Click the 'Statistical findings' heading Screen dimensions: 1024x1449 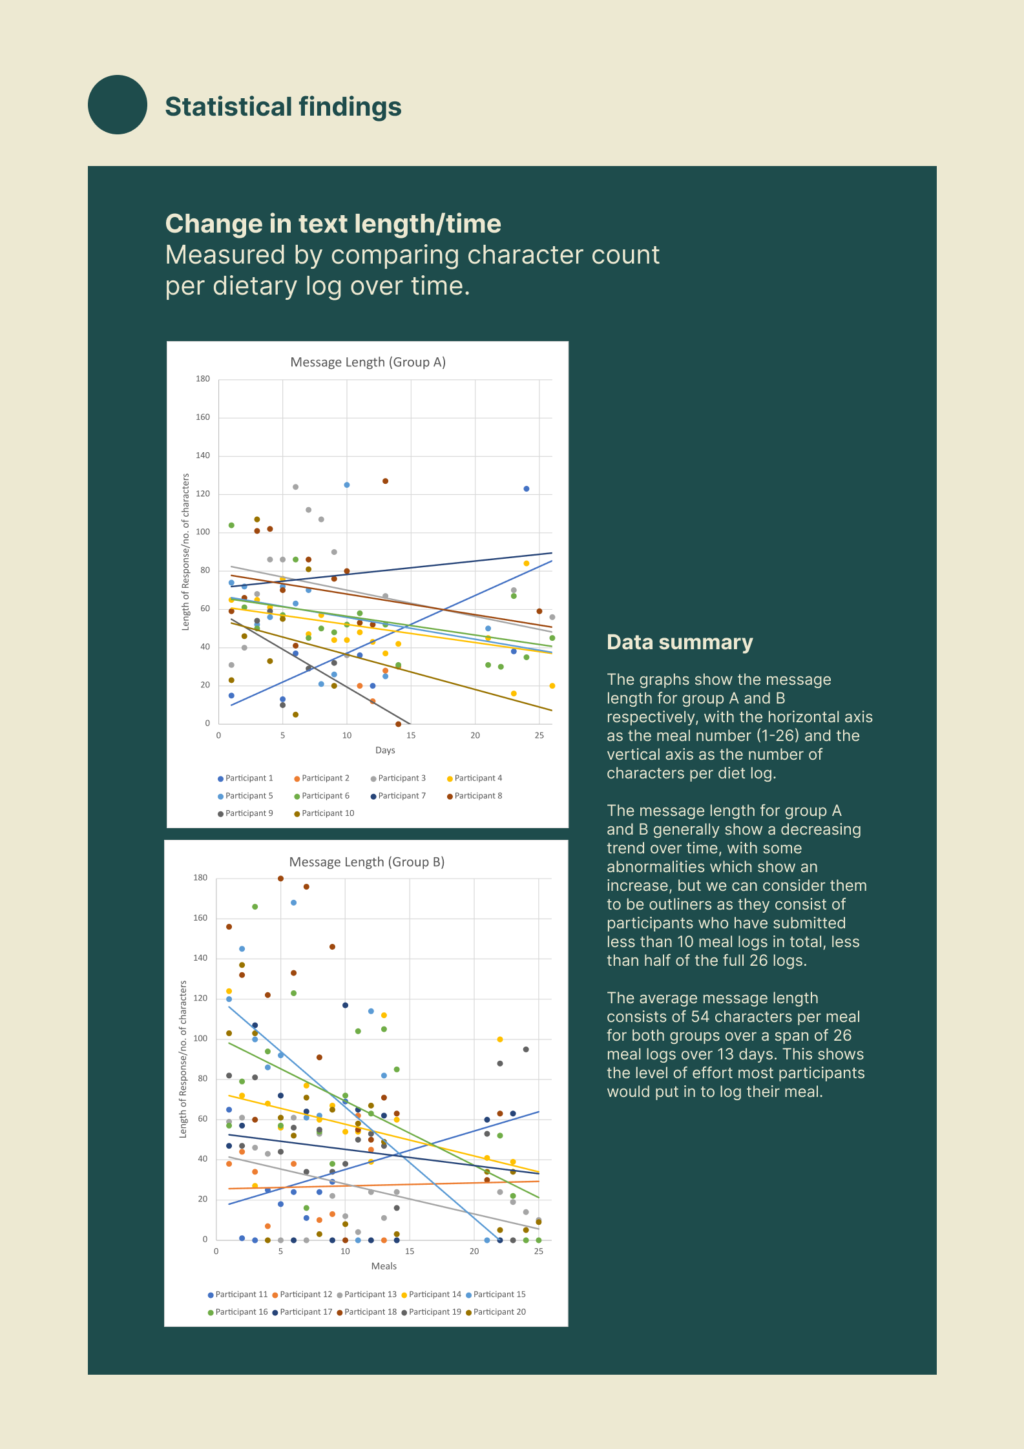tap(283, 107)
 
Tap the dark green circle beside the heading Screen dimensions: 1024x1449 tap(118, 105)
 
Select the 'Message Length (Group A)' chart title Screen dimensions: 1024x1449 tap(368, 362)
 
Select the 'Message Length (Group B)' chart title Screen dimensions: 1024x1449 tap(367, 862)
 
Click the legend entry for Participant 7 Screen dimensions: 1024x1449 tap(398, 796)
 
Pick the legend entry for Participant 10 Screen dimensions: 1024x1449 tap(324, 813)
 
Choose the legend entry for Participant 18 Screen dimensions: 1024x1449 tap(367, 1312)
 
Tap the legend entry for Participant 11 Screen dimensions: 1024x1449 tap(238, 1295)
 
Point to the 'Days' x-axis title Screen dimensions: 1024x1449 tap(385, 750)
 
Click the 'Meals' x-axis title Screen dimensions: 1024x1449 tap(384, 1266)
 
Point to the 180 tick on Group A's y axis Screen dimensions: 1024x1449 tap(203, 379)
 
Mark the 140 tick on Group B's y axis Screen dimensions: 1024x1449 tap(200, 958)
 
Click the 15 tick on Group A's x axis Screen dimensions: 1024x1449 tap(411, 736)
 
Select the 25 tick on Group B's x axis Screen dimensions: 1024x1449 tap(539, 1251)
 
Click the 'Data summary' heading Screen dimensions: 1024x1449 tap(680, 642)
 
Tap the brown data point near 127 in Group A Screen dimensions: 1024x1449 tap(385, 481)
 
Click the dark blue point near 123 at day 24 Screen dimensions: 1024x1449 tap(527, 489)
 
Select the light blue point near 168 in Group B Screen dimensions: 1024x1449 tap(293, 902)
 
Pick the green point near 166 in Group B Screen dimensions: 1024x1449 tap(255, 907)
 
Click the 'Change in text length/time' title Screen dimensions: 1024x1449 tap(333, 224)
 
